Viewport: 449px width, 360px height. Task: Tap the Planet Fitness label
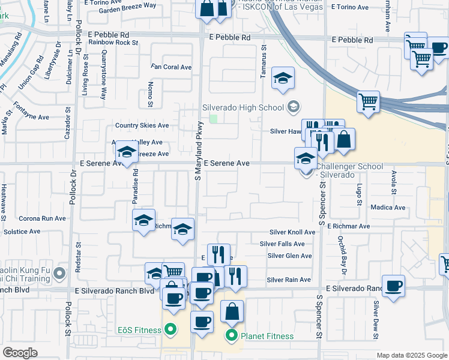coord(267,336)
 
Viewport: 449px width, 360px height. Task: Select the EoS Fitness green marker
coord(170,329)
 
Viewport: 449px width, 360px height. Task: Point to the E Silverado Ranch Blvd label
coord(115,290)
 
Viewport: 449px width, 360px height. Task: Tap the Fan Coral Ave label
coord(171,67)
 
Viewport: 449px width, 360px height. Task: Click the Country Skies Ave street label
coord(142,125)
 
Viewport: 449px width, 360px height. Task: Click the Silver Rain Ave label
coord(289,280)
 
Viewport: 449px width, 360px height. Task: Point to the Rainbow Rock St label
coord(113,43)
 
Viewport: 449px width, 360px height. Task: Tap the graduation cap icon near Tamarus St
coord(283,79)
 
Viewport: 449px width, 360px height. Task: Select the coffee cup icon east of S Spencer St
coord(394,286)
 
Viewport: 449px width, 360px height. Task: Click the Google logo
coord(20,353)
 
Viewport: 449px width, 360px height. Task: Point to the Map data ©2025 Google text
coord(411,355)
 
